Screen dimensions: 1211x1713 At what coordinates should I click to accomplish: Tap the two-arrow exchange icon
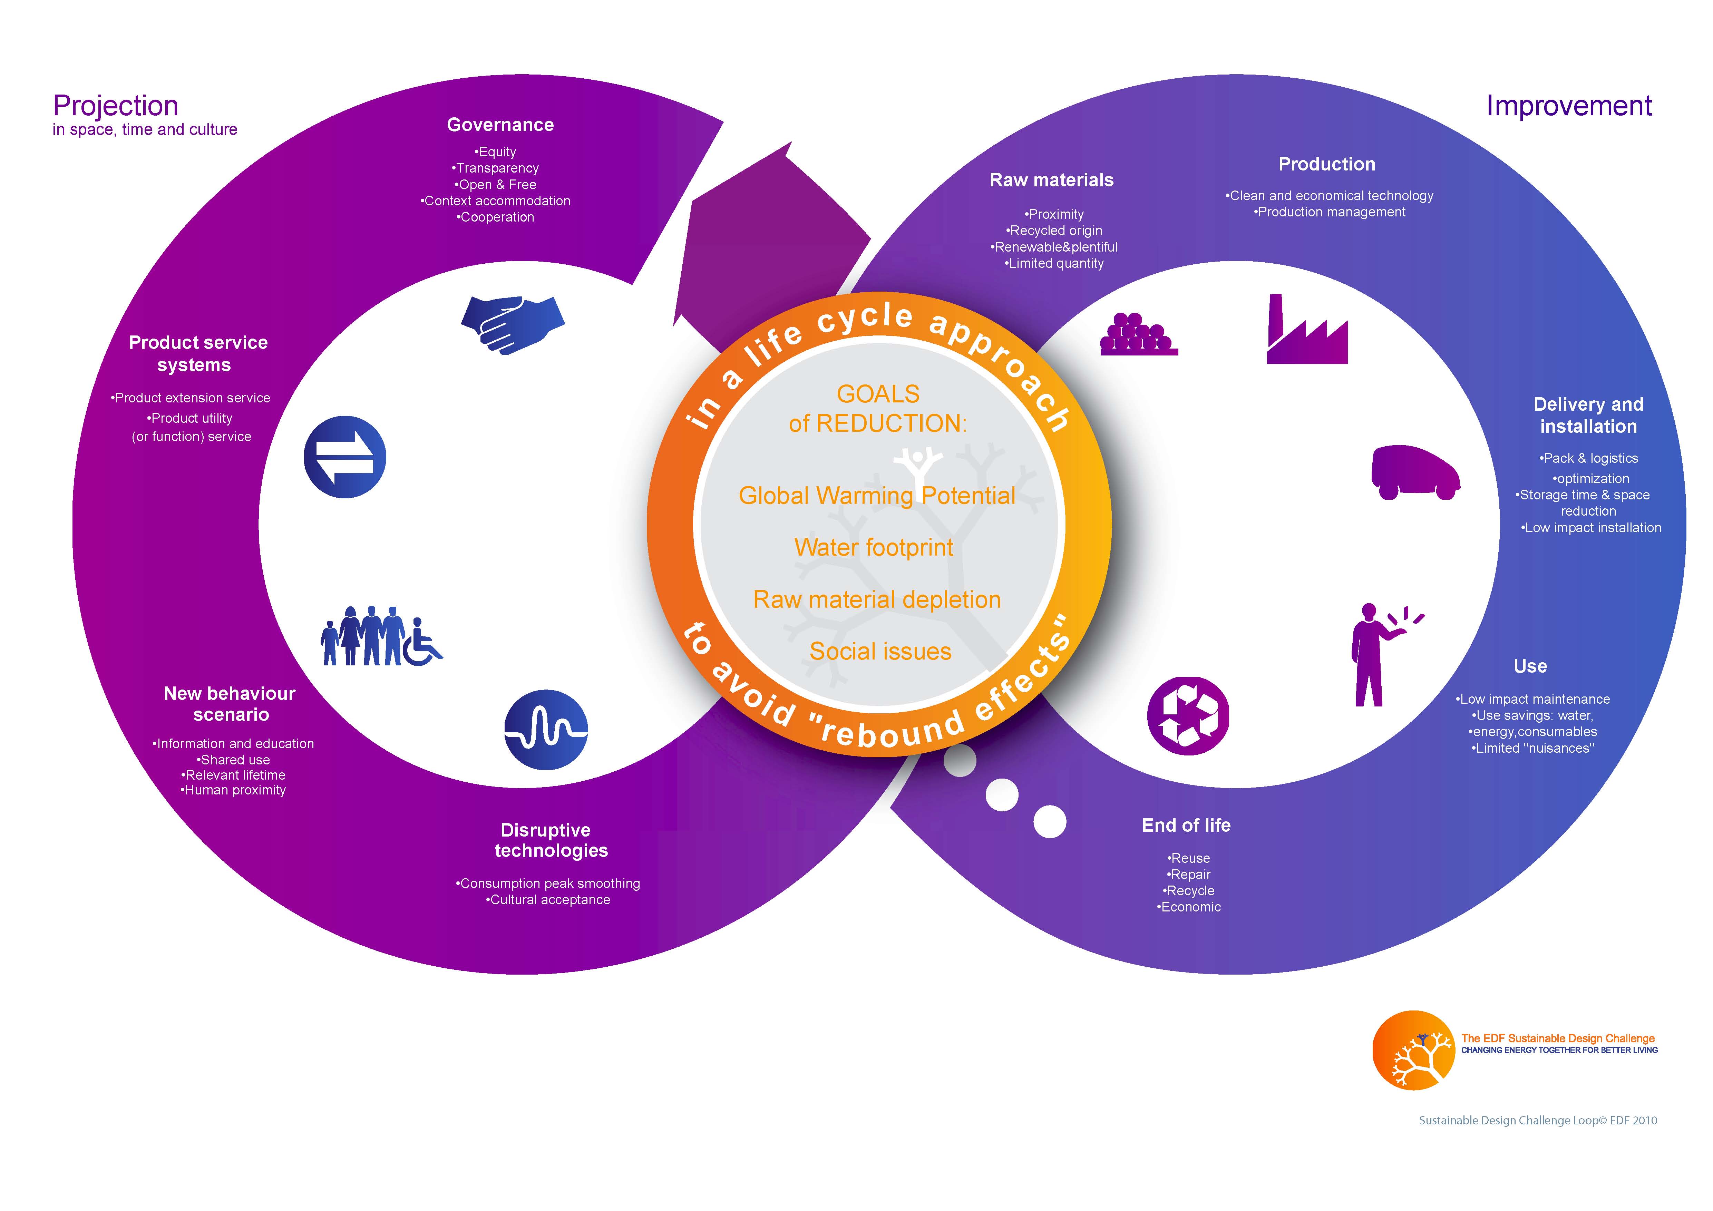pos(345,457)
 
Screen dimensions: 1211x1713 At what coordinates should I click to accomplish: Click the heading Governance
pos(500,125)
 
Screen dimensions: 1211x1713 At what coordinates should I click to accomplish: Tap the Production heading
pos(1326,164)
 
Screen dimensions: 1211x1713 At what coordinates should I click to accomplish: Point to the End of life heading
pos(1186,825)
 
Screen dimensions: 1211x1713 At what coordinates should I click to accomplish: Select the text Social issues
pos(880,651)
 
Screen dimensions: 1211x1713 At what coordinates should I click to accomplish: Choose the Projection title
pos(116,106)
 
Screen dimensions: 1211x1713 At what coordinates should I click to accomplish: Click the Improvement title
pos(1568,106)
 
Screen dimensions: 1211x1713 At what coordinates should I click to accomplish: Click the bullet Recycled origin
pos(1054,231)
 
